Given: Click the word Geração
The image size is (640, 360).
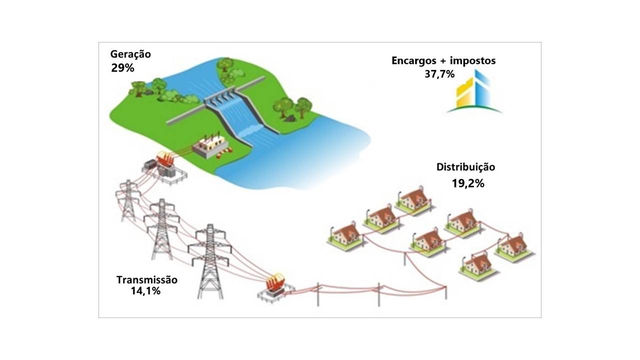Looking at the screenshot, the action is pyautogui.click(x=130, y=54).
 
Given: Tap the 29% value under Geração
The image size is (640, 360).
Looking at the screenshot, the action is pyautogui.click(x=122, y=68).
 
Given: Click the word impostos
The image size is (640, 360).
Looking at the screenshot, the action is pyautogui.click(x=473, y=61).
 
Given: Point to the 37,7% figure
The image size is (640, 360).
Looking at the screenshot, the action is pyautogui.click(x=439, y=74).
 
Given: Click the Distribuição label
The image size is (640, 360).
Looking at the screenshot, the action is pyautogui.click(x=465, y=167).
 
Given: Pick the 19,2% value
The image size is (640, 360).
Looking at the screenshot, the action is pyautogui.click(x=468, y=183).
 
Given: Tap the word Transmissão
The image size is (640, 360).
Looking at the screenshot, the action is pyautogui.click(x=147, y=279).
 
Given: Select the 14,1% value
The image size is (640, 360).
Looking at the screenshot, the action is pyautogui.click(x=145, y=291).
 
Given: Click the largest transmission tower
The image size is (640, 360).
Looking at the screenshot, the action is pyautogui.click(x=210, y=261).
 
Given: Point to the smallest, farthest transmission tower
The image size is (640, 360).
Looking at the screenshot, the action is pyautogui.click(x=128, y=200).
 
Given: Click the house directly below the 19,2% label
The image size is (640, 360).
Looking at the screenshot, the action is pyautogui.click(x=461, y=224).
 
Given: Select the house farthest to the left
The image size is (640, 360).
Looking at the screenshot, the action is pyautogui.click(x=345, y=237).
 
